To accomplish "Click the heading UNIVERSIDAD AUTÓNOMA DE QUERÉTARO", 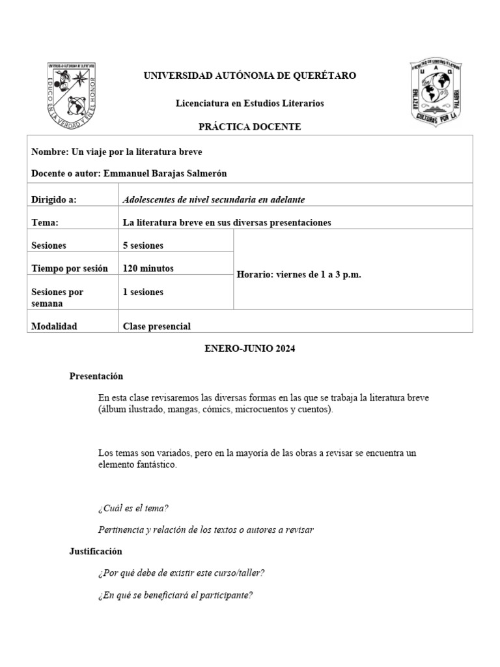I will [249, 76].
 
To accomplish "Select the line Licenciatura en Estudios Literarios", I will [249, 104].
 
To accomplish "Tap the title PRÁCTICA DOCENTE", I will [249, 127].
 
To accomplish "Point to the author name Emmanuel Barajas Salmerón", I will [166, 173].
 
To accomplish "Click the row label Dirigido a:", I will [54, 200].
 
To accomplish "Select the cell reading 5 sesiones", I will [143, 246].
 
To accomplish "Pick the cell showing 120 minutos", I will [148, 268].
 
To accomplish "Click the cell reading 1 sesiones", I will [143, 292].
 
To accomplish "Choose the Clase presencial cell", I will [157, 326].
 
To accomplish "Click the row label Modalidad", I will [54, 326].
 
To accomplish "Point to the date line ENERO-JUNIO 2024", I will [250, 349].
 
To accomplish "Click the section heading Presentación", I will [96, 376].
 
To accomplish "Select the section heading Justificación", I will [96, 551].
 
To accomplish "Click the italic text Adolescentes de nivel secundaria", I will [195, 200].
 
